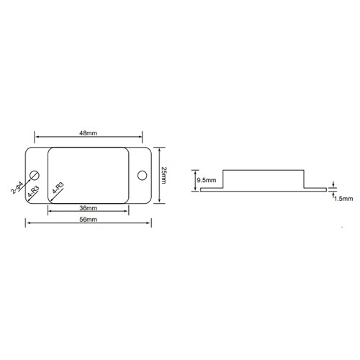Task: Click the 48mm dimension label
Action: click(x=89, y=133)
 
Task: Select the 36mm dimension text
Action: click(x=89, y=208)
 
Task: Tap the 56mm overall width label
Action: click(x=89, y=219)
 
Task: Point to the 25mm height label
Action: click(x=163, y=176)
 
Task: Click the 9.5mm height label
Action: click(x=207, y=180)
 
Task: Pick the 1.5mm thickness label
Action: click(x=343, y=199)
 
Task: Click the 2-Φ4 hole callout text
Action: click(x=17, y=188)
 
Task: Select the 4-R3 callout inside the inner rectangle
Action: click(x=58, y=188)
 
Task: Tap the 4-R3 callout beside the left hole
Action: click(x=33, y=192)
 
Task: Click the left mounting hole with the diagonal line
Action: click(x=35, y=176)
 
